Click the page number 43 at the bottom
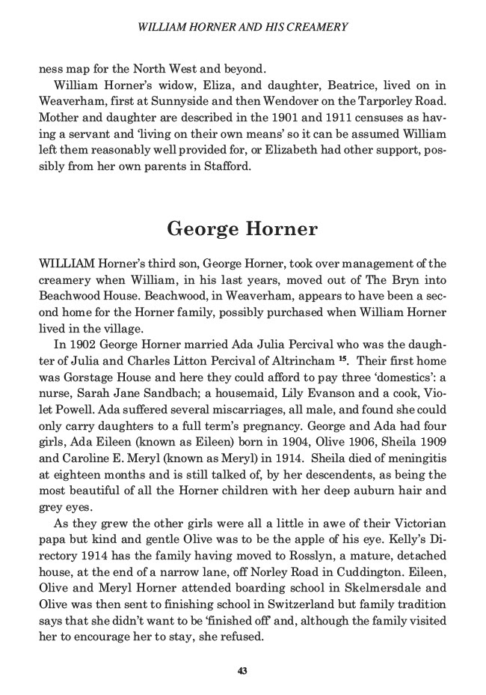(242, 670)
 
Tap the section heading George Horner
(242, 228)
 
